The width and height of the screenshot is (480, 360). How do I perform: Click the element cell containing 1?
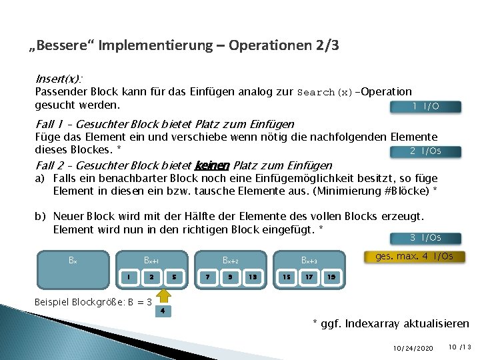point(129,277)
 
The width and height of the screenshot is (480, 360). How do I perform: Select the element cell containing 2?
point(151,277)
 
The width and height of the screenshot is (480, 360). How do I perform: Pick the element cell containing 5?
point(174,277)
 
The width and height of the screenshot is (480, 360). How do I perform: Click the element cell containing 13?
point(253,277)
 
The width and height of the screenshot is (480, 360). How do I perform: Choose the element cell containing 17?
point(309,277)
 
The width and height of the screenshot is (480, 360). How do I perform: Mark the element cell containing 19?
point(331,277)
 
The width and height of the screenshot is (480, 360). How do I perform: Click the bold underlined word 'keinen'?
point(211,165)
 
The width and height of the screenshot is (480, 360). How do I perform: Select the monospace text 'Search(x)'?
point(326,92)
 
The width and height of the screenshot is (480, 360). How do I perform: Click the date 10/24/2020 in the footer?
point(413,348)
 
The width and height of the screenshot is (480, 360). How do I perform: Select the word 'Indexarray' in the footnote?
point(374,324)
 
